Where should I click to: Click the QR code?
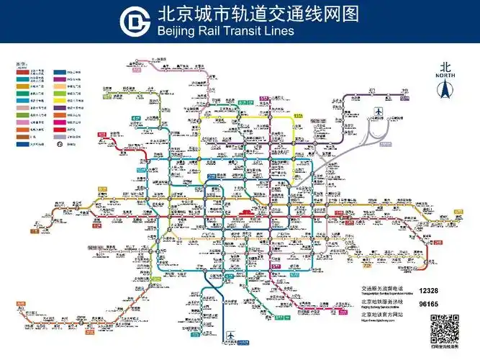pos(445,329)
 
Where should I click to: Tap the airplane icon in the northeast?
pos(378,113)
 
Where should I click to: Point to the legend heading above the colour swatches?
pos(22,64)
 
